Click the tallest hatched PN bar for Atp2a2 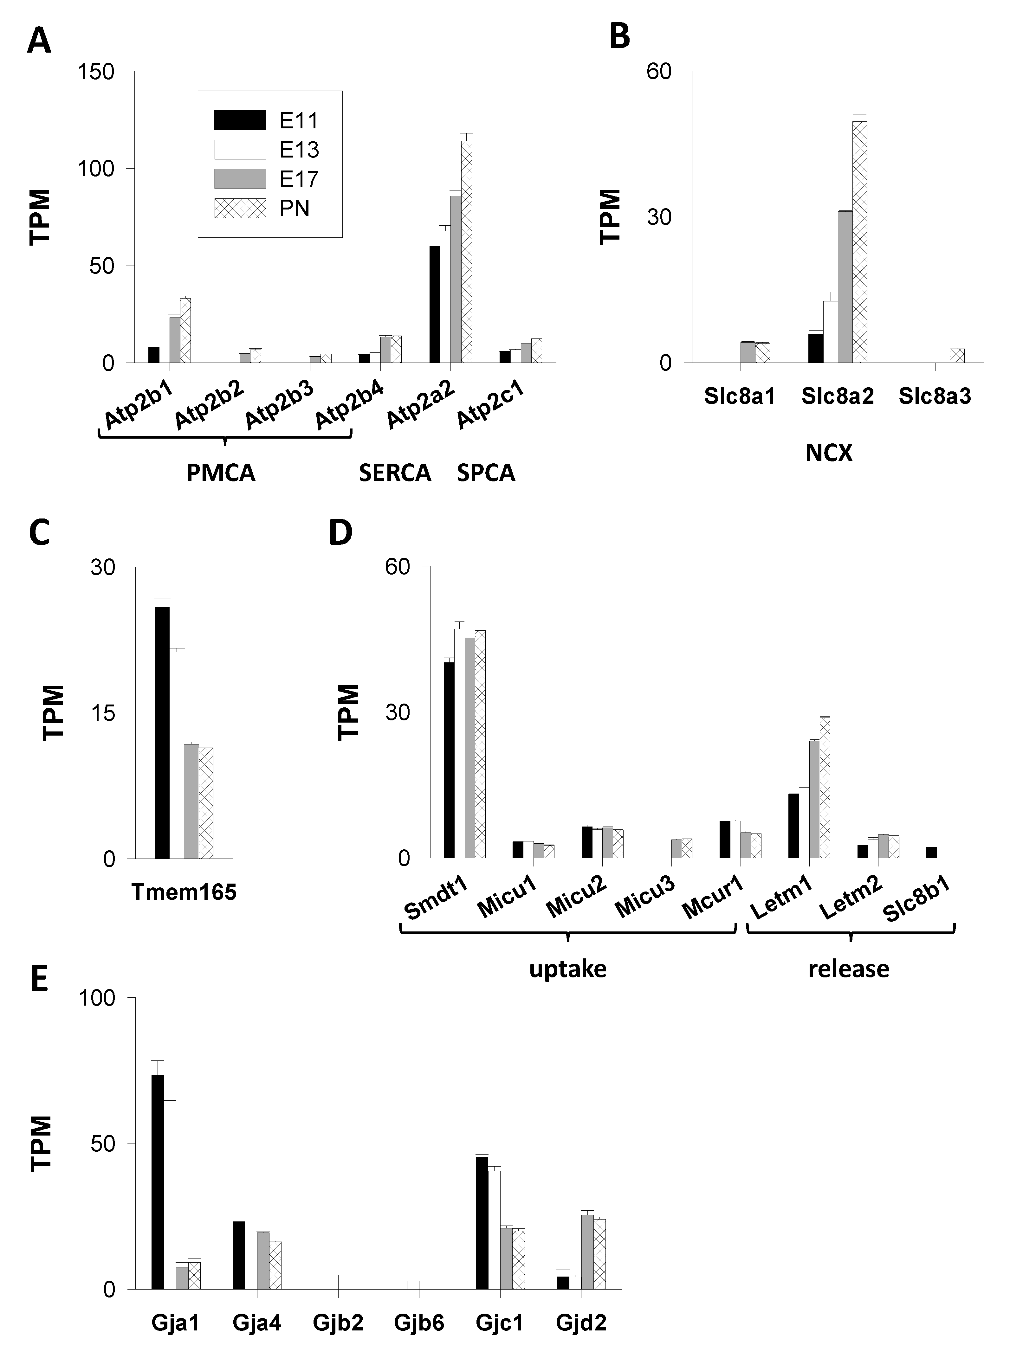coord(467,252)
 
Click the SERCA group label coord(395,473)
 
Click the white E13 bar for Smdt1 coord(459,743)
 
